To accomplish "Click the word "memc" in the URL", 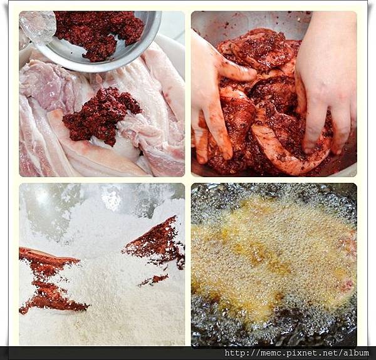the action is click(269, 353).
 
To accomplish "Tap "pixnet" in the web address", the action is click(296, 353).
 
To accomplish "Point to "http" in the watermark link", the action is click(234, 353).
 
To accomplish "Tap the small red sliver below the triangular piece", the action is click(154, 280).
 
